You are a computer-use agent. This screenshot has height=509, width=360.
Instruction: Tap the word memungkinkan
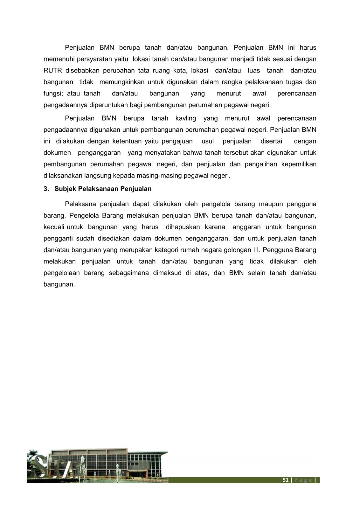click(x=122, y=82)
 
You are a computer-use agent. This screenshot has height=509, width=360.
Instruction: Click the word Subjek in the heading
click(x=65, y=189)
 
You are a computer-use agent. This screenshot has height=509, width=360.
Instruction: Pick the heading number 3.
click(x=46, y=189)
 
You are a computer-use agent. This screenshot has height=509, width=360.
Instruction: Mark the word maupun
click(x=270, y=204)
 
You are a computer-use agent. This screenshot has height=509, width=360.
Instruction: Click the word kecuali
click(x=54, y=227)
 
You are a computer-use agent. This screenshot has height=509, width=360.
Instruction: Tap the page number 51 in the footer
click(x=285, y=480)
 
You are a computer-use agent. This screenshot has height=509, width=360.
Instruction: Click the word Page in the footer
click(x=303, y=480)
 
